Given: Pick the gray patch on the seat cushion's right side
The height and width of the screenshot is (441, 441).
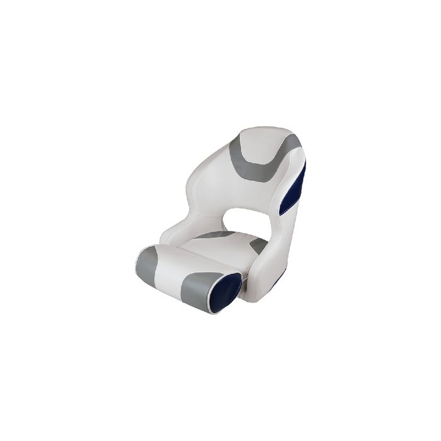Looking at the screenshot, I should pos(257,247).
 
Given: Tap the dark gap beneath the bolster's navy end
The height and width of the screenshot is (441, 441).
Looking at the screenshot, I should pos(243,299).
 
